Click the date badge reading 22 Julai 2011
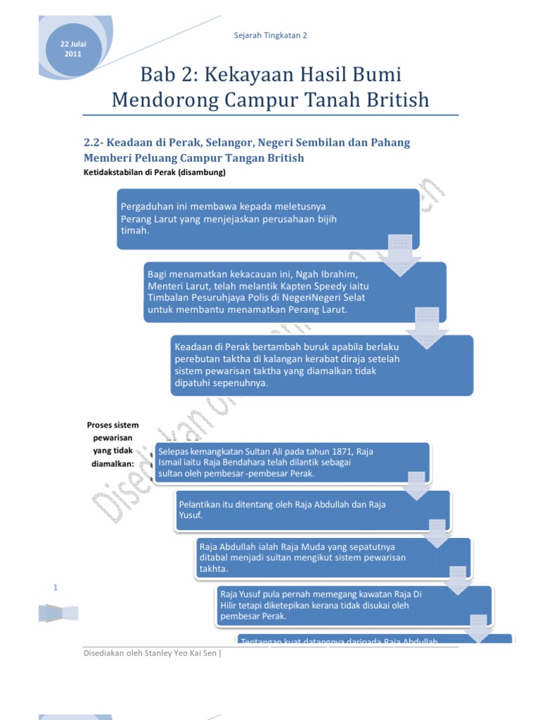(73, 49)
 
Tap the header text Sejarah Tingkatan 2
(271, 34)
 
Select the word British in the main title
(393, 100)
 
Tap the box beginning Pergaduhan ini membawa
(267, 219)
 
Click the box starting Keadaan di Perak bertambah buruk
(321, 364)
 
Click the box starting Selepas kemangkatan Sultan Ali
(291, 462)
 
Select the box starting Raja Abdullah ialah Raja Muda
(330, 558)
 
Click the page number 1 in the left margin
(56, 587)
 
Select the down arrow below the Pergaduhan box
(399, 257)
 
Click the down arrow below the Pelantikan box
(437, 533)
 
